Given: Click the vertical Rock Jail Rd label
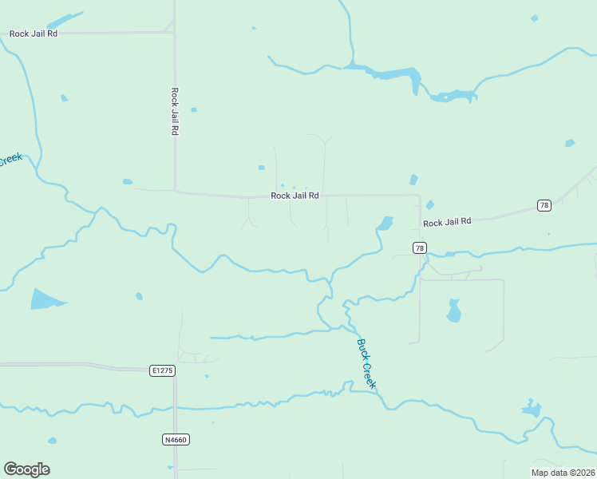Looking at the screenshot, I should click(x=174, y=111).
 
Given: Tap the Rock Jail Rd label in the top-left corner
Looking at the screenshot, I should click(x=34, y=34).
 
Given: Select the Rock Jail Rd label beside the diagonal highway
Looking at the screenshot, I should click(x=447, y=221).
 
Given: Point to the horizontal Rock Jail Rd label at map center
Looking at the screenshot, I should click(x=295, y=196).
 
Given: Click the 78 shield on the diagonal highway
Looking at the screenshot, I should click(x=544, y=205).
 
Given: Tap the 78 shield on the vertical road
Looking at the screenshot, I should click(x=420, y=248).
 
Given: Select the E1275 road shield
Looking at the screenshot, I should click(x=161, y=370).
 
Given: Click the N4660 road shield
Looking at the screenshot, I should click(x=176, y=439).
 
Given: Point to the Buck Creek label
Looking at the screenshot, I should click(x=366, y=364).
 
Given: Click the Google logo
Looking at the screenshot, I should click(x=26, y=469).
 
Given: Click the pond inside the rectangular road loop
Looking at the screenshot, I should click(x=453, y=311).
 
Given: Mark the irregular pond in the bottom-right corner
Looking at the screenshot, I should click(x=532, y=410).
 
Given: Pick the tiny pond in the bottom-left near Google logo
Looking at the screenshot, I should click(x=52, y=440).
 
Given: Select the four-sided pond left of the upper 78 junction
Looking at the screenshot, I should click(x=386, y=223).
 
